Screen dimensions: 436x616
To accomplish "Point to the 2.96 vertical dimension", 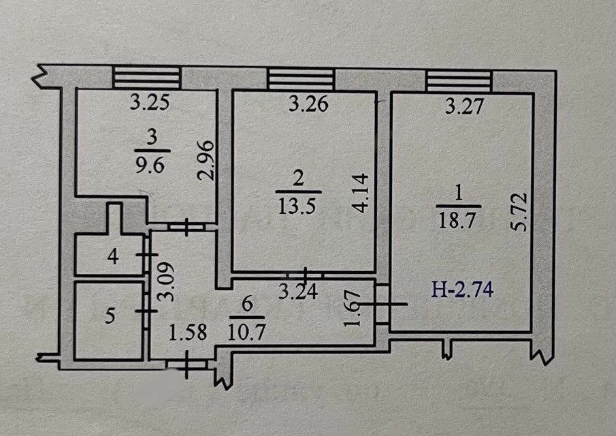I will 209,161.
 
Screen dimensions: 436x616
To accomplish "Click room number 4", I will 113,257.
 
